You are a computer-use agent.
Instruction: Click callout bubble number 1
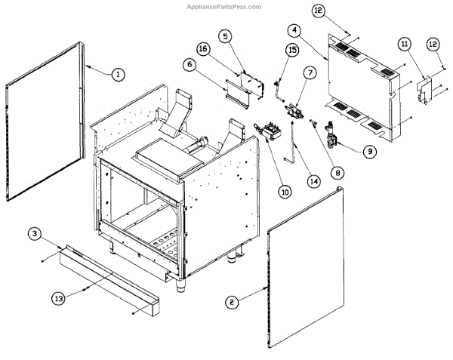point(117,74)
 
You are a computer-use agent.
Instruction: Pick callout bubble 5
point(225,35)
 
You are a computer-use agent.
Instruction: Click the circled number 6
point(189,65)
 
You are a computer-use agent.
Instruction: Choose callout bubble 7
point(310,72)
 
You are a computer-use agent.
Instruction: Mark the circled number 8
point(337,172)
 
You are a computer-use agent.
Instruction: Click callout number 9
point(369,151)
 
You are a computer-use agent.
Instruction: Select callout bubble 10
point(263,192)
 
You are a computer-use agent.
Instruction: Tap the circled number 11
point(405,45)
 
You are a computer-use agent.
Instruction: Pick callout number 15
point(292,49)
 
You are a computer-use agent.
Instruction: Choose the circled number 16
point(203,49)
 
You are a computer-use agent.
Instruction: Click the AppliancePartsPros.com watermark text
point(224,6)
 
